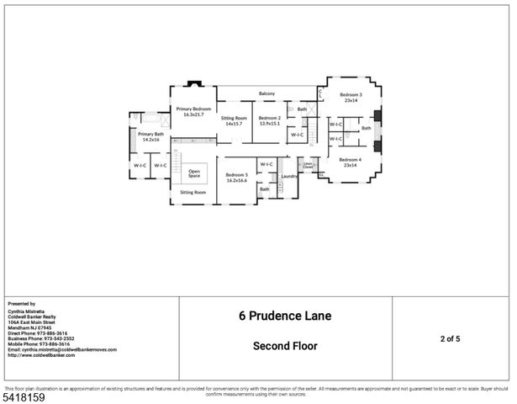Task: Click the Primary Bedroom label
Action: tap(193, 111)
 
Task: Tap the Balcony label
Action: tap(267, 93)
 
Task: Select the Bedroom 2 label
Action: tap(269, 120)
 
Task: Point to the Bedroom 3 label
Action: tap(351, 98)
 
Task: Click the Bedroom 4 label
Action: tap(351, 162)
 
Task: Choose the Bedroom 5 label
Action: tap(236, 177)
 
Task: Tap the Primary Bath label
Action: tap(151, 136)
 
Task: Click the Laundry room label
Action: tap(289, 176)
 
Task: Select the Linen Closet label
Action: tap(308, 167)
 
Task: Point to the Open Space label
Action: tap(194, 173)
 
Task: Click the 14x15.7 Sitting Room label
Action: tap(234, 120)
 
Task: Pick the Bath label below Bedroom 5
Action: tap(264, 189)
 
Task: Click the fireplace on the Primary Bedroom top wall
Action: tap(193, 84)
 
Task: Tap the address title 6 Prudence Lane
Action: tap(285, 316)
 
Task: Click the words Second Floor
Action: tap(285, 345)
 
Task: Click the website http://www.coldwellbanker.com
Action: tap(41, 354)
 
